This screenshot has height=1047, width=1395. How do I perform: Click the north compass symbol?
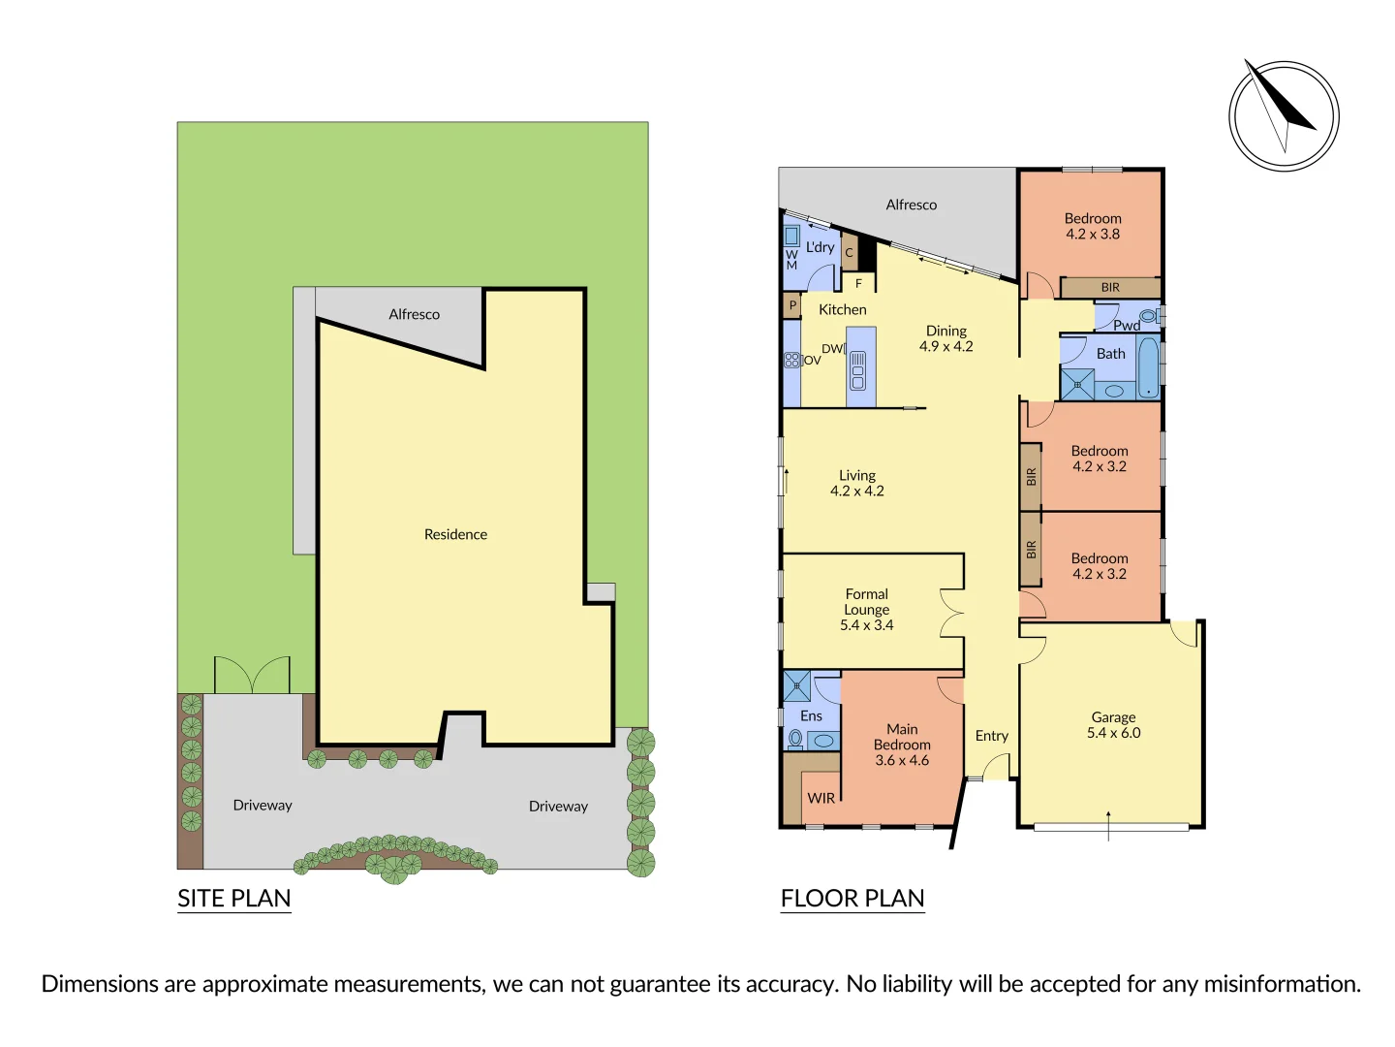click(x=1284, y=116)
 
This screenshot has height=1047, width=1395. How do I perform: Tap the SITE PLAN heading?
click(x=233, y=899)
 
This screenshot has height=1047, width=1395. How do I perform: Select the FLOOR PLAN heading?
click(x=852, y=899)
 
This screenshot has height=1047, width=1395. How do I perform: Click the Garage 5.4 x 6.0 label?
click(x=1113, y=725)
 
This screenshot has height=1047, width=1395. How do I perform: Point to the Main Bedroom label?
click(x=902, y=744)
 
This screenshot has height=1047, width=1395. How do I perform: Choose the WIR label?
click(x=821, y=798)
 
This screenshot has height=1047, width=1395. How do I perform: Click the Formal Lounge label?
click(x=866, y=609)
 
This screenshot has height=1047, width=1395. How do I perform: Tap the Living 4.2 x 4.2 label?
click(x=856, y=483)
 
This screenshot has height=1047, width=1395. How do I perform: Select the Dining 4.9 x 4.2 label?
click(x=945, y=338)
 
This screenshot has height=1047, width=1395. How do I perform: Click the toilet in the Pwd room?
click(x=1148, y=316)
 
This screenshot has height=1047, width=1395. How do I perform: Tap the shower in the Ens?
click(x=796, y=685)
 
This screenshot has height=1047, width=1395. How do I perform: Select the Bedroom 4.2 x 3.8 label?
click(x=1093, y=226)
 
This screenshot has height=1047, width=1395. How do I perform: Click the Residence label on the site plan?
click(x=455, y=534)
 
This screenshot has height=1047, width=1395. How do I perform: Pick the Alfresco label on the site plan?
click(x=414, y=314)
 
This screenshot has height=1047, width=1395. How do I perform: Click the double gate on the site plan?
click(x=252, y=675)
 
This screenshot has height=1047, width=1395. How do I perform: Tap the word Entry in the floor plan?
click(x=991, y=736)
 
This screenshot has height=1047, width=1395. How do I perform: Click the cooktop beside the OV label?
click(x=791, y=360)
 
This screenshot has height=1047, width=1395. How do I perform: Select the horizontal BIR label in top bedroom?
click(x=1110, y=288)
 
